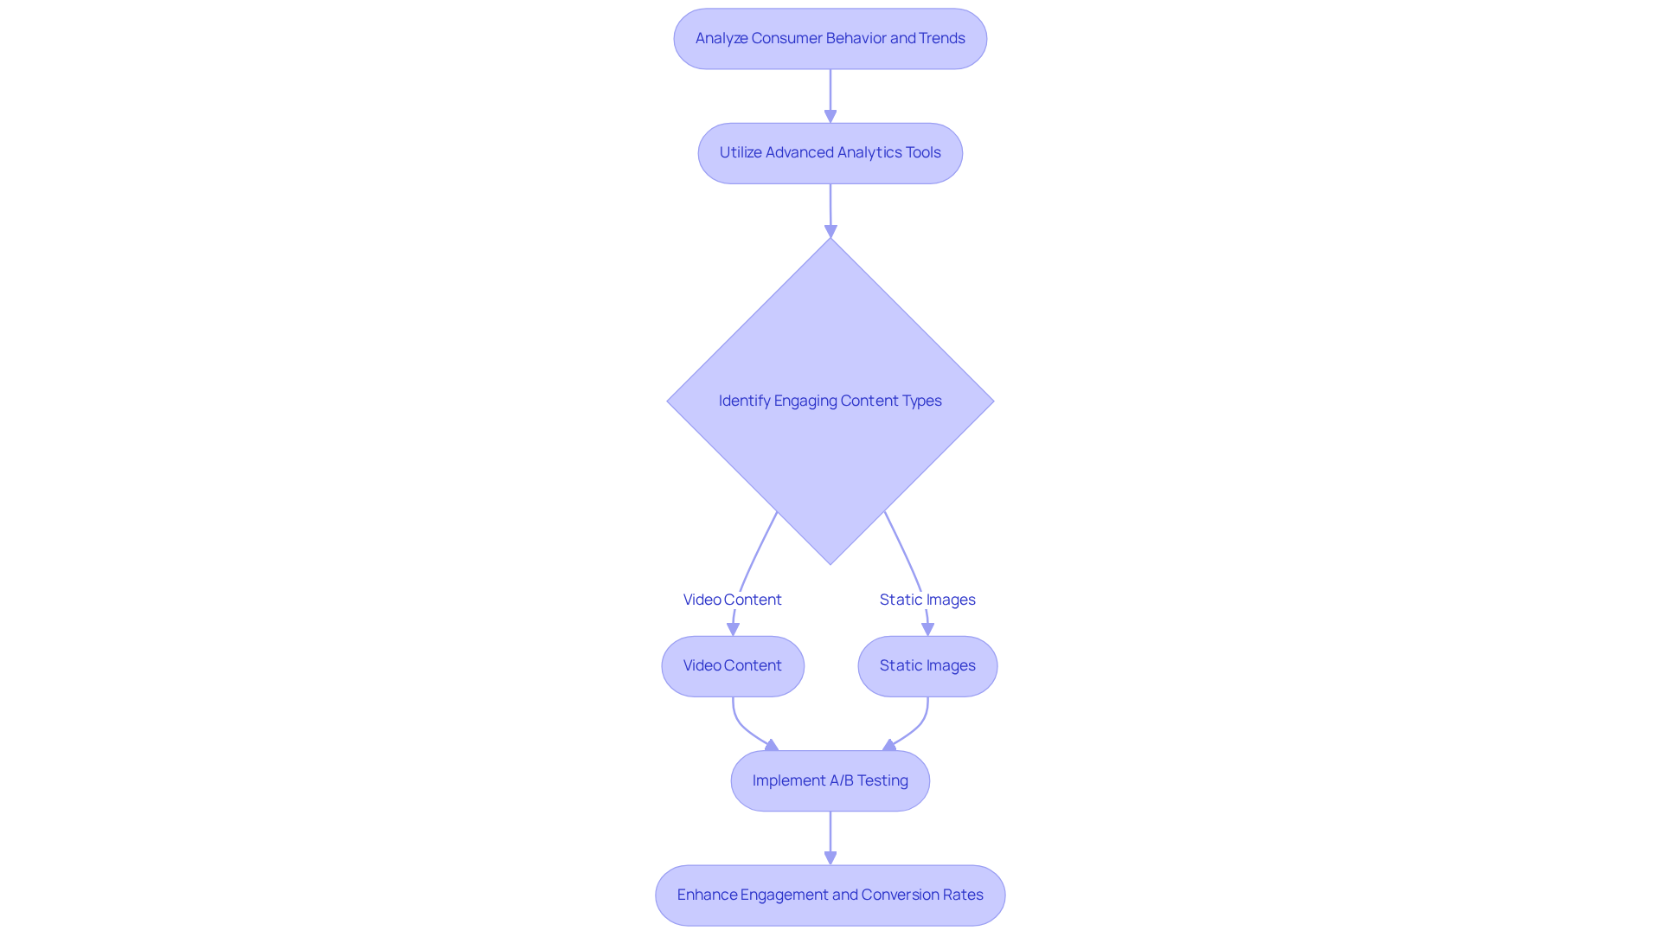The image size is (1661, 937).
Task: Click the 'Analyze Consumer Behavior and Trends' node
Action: pos(830,39)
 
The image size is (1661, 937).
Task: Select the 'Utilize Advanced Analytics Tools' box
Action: pos(830,153)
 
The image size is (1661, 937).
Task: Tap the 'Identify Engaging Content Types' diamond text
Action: pos(830,401)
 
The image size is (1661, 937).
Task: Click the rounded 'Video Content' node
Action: pos(733,666)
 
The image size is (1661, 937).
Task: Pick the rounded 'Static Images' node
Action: pos(927,666)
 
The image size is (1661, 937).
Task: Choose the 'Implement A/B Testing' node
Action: pos(830,780)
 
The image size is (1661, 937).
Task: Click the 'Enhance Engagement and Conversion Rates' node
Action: pos(830,895)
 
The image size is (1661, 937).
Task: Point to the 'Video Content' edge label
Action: pos(732,600)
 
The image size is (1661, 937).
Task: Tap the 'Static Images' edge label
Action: pos(927,600)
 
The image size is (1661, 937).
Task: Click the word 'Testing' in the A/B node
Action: pos(882,780)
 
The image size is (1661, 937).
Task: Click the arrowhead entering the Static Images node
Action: pos(927,629)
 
